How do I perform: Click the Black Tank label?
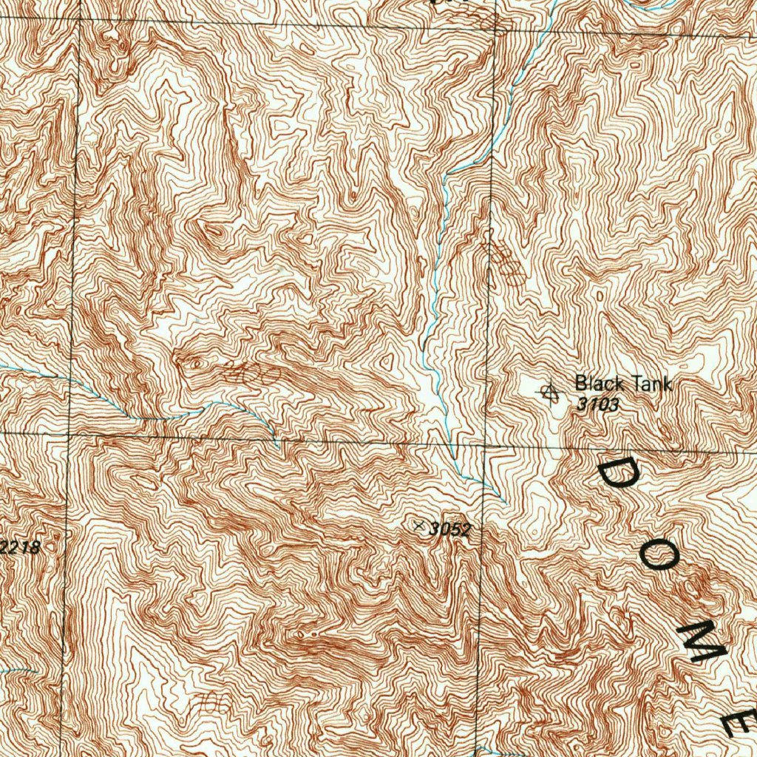pos(623,384)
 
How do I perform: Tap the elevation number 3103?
pos(597,404)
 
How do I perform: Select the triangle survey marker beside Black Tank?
pos(549,392)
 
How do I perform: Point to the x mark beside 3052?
pos(421,526)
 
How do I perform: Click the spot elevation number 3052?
pos(449,529)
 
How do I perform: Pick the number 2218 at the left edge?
pos(22,548)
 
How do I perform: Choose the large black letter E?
pos(741,721)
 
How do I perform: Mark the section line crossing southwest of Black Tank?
pos(485,447)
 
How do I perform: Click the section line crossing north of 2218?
pos(69,434)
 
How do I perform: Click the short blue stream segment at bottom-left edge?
pos(18,671)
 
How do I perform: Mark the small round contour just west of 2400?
pos(196,363)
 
